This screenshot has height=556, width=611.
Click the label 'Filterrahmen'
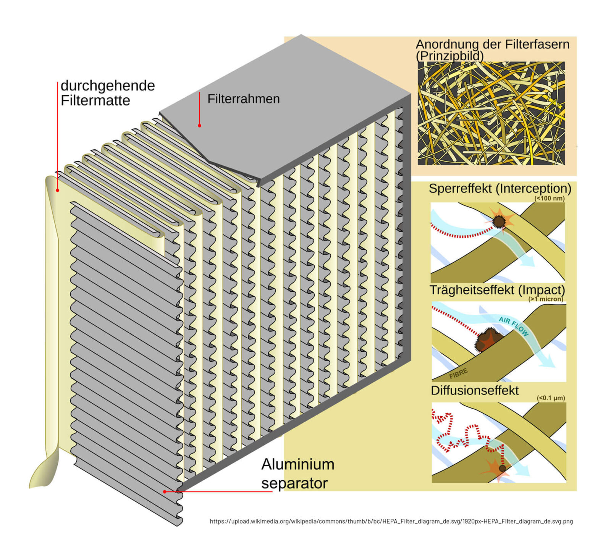coord(244,99)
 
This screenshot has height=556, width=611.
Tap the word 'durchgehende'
coord(108,86)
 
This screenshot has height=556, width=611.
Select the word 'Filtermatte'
coord(95,100)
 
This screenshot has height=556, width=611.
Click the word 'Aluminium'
coord(298,464)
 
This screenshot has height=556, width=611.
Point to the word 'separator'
coord(294,483)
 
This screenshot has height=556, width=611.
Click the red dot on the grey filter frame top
coord(199,125)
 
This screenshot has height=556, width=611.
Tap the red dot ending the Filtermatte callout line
coord(58,190)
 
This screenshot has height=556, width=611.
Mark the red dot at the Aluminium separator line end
coord(165,491)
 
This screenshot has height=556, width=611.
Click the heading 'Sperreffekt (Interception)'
coord(500,188)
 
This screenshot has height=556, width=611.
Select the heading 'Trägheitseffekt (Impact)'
coord(497,290)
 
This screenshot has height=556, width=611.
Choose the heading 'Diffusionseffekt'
coord(475,390)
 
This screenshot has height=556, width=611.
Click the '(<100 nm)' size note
coord(550,198)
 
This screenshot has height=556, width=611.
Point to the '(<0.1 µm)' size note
coord(551,398)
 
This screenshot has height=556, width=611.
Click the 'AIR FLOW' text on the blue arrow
coord(514,326)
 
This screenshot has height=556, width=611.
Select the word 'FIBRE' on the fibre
coord(458,373)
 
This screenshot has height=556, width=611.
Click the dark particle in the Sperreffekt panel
coord(499,221)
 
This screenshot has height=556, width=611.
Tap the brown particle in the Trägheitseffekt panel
coord(488,339)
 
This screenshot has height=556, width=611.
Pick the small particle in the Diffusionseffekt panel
coord(502,468)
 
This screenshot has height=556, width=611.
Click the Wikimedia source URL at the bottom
coord(391,521)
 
